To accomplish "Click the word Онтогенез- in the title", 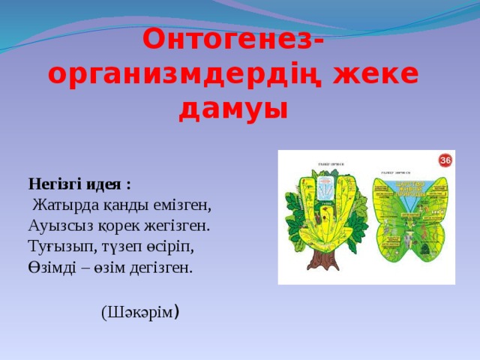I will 233,38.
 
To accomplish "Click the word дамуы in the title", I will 233,109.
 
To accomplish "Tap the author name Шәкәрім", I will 139,312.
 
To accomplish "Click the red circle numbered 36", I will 445,160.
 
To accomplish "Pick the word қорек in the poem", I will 118,225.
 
